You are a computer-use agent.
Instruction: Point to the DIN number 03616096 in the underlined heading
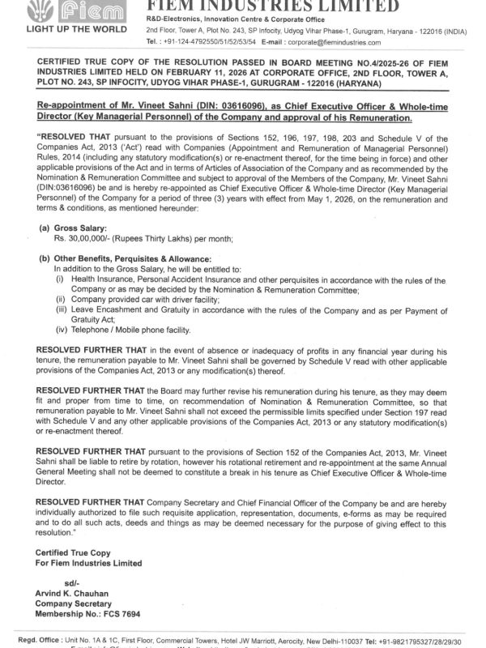click(211, 105)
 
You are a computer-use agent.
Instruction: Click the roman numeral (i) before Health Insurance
click(59, 278)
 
